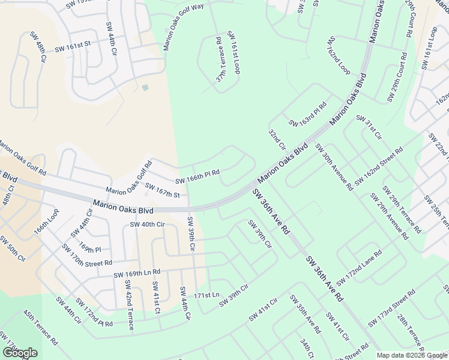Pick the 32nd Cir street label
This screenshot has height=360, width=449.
(277, 140)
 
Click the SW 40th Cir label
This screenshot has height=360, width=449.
(147, 225)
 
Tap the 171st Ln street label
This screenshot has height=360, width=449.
(207, 295)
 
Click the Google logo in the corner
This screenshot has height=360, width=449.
(20, 353)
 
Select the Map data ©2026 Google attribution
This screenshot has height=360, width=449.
(411, 355)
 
